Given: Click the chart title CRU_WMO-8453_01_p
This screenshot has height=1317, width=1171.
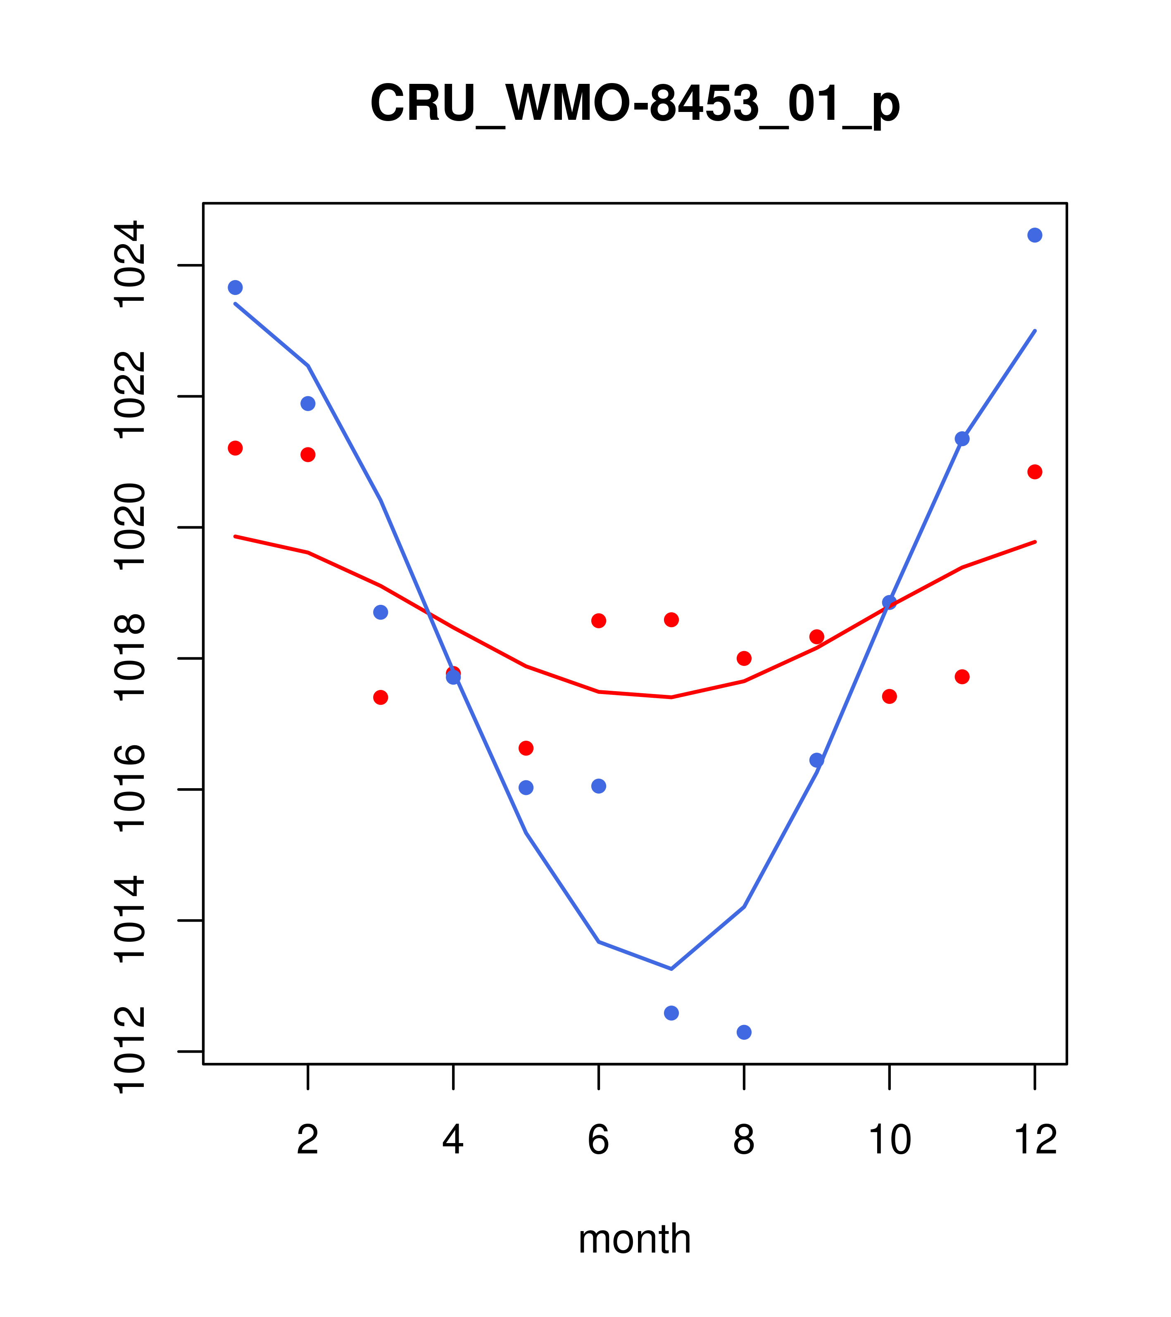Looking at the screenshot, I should (635, 104).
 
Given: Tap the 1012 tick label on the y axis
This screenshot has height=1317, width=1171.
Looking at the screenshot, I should (129, 1051).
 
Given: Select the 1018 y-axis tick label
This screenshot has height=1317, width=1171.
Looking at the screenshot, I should (129, 657).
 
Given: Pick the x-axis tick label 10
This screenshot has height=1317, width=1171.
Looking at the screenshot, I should (889, 1140).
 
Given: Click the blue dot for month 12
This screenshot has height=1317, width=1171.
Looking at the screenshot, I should (1034, 235).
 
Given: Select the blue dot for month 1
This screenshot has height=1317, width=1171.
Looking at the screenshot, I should (235, 288).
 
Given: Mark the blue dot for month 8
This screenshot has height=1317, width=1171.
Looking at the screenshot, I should (744, 1032).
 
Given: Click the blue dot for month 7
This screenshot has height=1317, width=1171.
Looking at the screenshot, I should (671, 1013).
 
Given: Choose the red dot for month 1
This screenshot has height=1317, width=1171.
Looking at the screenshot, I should (235, 448).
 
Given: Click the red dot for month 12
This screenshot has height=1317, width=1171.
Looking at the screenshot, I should (1034, 472).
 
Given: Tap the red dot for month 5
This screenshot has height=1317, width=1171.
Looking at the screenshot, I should (526, 748).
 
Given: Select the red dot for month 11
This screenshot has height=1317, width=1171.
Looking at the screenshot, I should (962, 677).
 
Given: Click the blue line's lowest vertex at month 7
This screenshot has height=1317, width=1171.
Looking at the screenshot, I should (671, 968).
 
